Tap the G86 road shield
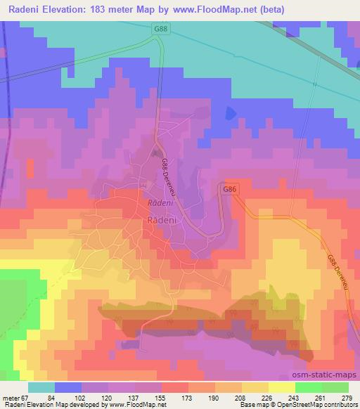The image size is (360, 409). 228,190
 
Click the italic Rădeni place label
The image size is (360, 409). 157,202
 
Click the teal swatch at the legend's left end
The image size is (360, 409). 41,387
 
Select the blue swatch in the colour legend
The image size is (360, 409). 67,387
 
